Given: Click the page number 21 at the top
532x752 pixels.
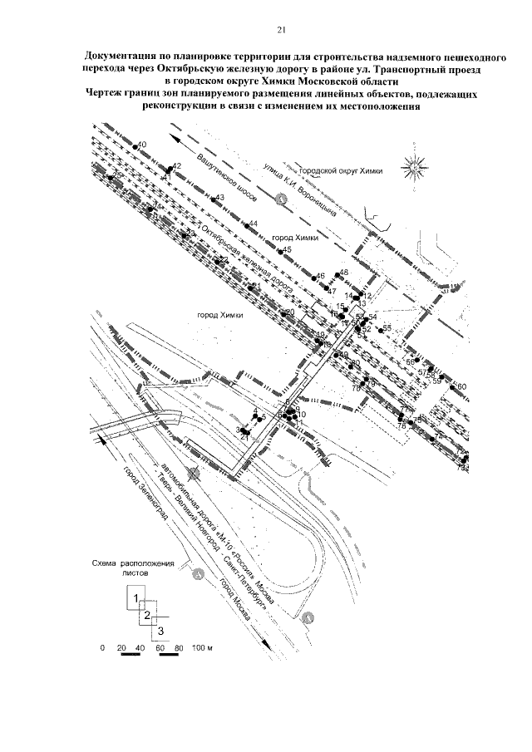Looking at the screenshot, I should pyautogui.click(x=281, y=31).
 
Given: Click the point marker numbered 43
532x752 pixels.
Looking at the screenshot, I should pyautogui.click(x=211, y=199).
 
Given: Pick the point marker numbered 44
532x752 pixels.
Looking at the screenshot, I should pyautogui.click(x=247, y=226).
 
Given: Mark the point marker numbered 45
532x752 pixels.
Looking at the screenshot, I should pyautogui.click(x=281, y=251).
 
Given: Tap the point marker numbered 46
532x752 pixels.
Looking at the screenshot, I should pyautogui.click(x=313, y=277).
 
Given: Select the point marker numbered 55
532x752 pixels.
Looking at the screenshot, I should pyautogui.click(x=380, y=329).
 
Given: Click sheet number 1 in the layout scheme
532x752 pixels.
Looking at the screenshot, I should pyautogui.click(x=133, y=597).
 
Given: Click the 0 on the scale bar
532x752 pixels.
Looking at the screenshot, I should pyautogui.click(x=101, y=646).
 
